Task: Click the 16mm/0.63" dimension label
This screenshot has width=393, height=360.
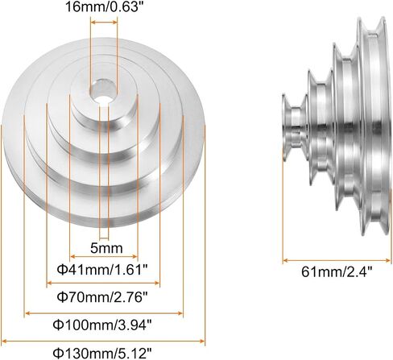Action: pos(103,6)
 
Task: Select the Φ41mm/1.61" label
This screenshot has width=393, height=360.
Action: pos(102,270)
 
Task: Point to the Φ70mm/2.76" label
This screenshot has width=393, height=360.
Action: pos(102,297)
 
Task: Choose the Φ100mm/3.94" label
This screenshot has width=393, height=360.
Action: pos(102,325)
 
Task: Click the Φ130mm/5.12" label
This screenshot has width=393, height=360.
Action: pos(102,353)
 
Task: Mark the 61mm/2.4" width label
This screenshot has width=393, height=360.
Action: pos(337,271)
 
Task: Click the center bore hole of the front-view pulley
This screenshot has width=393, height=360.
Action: pos(103,91)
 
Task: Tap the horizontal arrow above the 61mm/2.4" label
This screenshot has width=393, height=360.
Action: pos(337,260)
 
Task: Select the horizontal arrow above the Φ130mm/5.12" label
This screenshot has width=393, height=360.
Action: pos(103,341)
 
